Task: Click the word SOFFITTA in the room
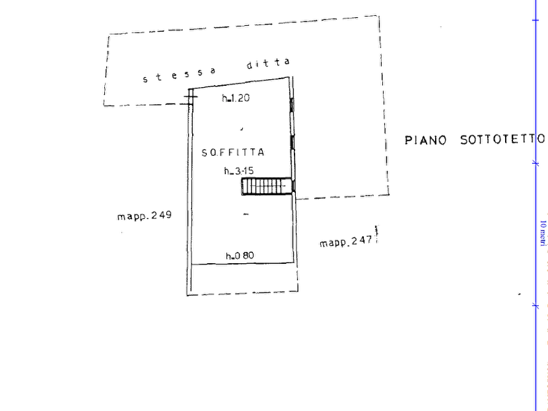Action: tap(233, 152)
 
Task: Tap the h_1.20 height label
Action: tap(236, 98)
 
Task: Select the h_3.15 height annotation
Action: tap(239, 171)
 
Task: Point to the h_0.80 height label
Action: tap(240, 256)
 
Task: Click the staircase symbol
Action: tap(267, 186)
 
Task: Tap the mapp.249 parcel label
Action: tap(145, 215)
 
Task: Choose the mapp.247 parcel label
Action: tap(346, 242)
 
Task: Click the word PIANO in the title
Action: tap(426, 140)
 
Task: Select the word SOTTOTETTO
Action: tap(503, 139)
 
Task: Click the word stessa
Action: tap(179, 75)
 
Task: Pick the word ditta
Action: tap(268, 63)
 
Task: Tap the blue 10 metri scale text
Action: tap(542, 233)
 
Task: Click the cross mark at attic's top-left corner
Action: tap(190, 96)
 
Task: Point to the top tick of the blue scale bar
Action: tap(535, 20)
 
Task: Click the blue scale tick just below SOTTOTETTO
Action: tap(535, 163)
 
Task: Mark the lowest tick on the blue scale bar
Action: tap(535, 306)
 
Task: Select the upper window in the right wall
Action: tap(292, 105)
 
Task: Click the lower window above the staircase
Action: tap(293, 143)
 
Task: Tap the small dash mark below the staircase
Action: tap(246, 214)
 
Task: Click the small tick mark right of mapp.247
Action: tap(376, 234)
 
